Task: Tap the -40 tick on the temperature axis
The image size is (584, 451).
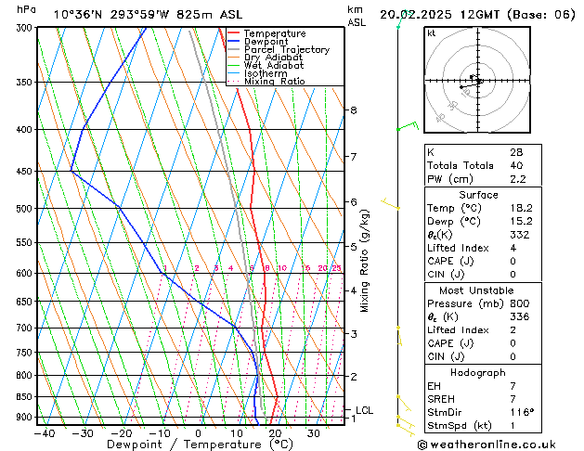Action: pos(43,432)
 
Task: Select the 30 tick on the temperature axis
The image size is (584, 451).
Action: pos(314,432)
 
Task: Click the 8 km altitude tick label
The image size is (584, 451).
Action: pos(353,110)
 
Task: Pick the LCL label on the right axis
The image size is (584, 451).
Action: pos(365,410)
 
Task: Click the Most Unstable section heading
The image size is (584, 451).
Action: pos(478,290)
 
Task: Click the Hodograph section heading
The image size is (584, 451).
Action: pos(478,372)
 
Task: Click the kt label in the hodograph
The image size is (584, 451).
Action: pos(432,33)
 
